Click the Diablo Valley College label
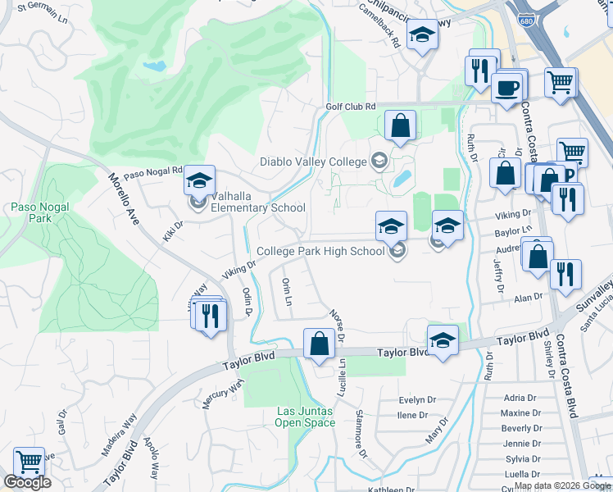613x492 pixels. click(x=314, y=162)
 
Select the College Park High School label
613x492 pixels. click(x=320, y=251)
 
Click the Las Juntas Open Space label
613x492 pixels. click(x=306, y=417)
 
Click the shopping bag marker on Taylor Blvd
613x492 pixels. click(x=319, y=344)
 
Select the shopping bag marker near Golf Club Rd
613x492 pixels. click(x=400, y=125)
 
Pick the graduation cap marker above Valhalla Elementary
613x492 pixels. click(x=199, y=180)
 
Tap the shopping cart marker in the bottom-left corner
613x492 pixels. click(x=29, y=462)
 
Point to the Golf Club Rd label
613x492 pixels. click(x=350, y=107)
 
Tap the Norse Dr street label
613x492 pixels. click(x=335, y=325)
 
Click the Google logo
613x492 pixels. click(x=27, y=482)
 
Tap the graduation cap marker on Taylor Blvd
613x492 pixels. click(x=443, y=340)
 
